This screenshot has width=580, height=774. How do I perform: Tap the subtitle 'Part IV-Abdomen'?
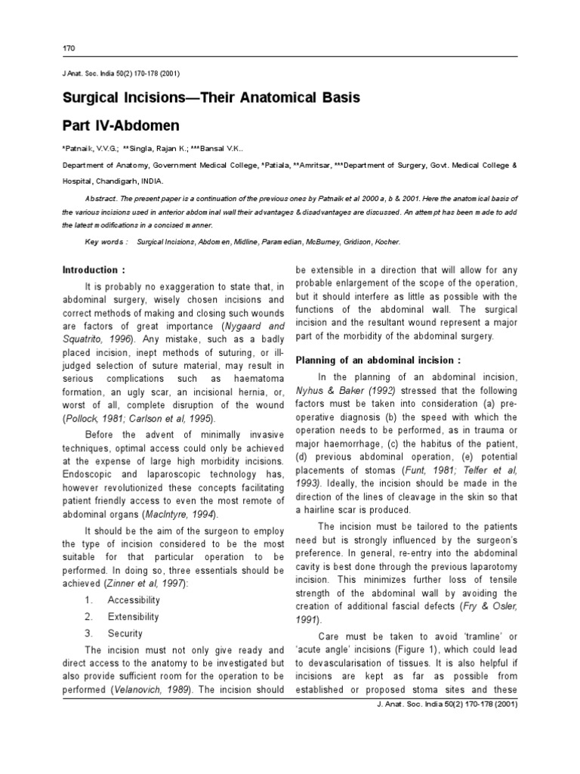122,125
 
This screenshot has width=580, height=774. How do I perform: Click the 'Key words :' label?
106,241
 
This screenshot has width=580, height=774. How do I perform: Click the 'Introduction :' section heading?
91,270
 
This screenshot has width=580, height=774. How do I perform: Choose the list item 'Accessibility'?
134,599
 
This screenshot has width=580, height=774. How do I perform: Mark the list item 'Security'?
125,633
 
